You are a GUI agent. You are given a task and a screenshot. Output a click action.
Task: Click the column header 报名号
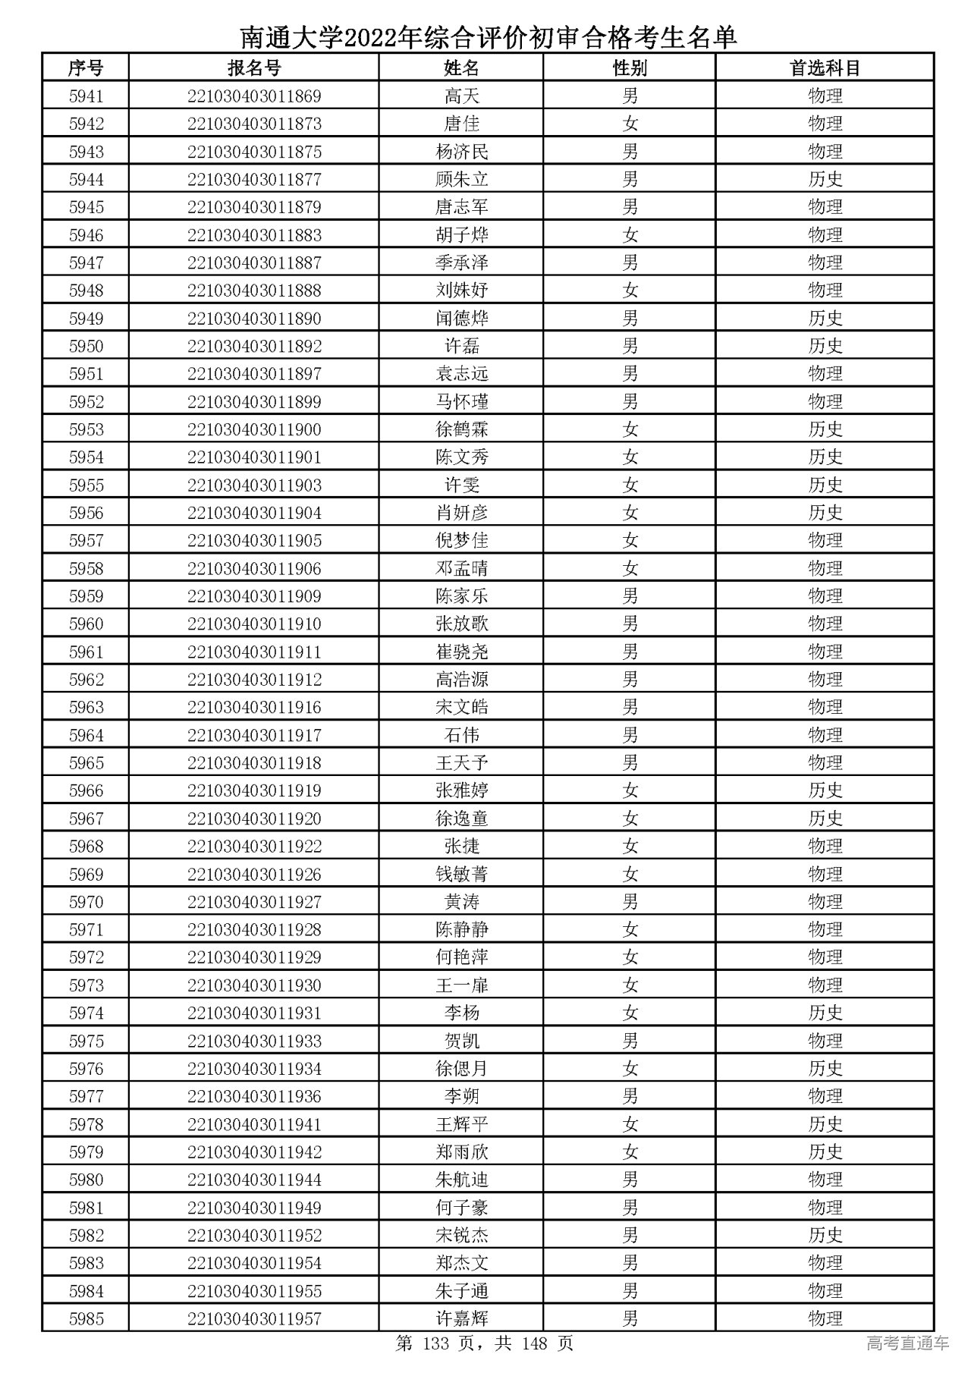(x=254, y=68)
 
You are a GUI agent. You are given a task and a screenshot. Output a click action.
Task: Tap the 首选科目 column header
(x=825, y=68)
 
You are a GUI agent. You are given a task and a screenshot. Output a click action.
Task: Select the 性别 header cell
(x=630, y=68)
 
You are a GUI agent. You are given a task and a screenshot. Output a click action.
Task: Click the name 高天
(x=462, y=96)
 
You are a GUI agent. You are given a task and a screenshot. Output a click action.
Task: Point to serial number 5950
(x=86, y=347)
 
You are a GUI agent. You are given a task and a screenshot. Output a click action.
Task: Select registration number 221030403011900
(x=254, y=430)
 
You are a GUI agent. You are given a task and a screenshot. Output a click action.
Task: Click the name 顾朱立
(x=462, y=180)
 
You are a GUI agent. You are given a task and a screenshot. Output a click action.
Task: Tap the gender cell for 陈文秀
(x=630, y=457)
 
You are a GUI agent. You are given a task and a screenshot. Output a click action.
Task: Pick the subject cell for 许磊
(x=825, y=347)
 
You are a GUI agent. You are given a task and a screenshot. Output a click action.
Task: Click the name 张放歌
(x=462, y=624)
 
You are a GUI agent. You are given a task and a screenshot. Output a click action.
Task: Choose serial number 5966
(x=86, y=791)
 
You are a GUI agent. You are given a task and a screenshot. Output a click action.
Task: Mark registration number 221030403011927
(x=254, y=902)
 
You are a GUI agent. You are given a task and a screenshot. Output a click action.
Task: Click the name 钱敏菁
(x=462, y=875)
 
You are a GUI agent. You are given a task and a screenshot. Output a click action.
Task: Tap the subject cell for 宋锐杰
(x=825, y=1236)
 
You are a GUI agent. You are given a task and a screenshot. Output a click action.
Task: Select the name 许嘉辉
(x=462, y=1319)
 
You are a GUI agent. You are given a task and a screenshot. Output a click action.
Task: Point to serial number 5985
(x=86, y=1319)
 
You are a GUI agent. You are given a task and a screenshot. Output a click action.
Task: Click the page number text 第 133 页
(x=443, y=1344)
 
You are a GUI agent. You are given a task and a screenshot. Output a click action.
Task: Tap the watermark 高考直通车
(x=907, y=1344)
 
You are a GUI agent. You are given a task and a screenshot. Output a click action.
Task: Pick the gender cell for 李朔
(x=630, y=1097)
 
